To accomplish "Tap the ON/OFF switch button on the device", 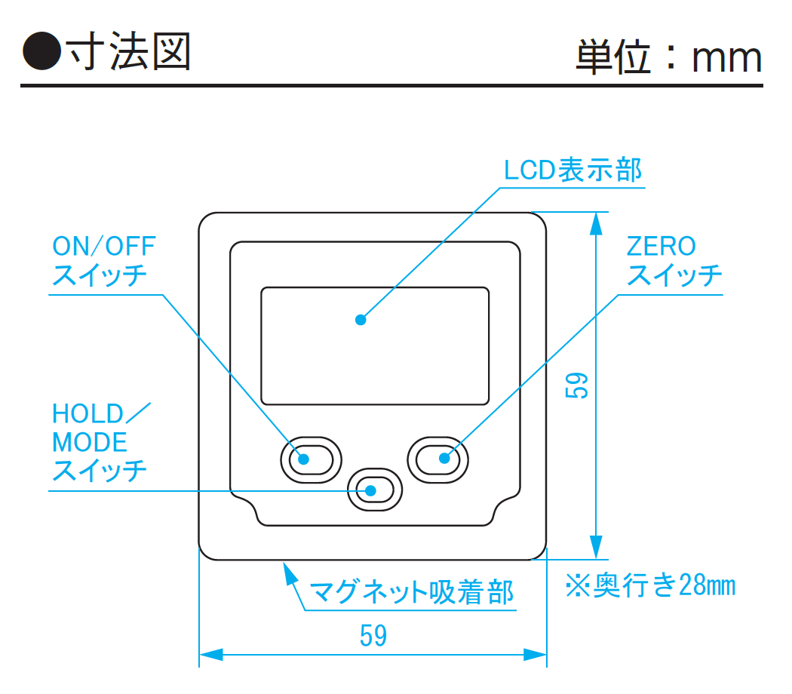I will [311, 458].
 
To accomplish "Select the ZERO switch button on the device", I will [438, 458].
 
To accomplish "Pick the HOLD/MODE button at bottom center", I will [375, 490].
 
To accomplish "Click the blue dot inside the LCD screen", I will [361, 320].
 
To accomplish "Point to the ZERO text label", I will [662, 246].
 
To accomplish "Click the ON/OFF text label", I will [103, 246].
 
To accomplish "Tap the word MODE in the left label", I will [90, 443].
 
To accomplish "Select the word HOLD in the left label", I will [87, 414].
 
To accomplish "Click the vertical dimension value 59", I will [578, 385].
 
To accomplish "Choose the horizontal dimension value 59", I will [373, 636].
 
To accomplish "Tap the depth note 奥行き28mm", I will [650, 585].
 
